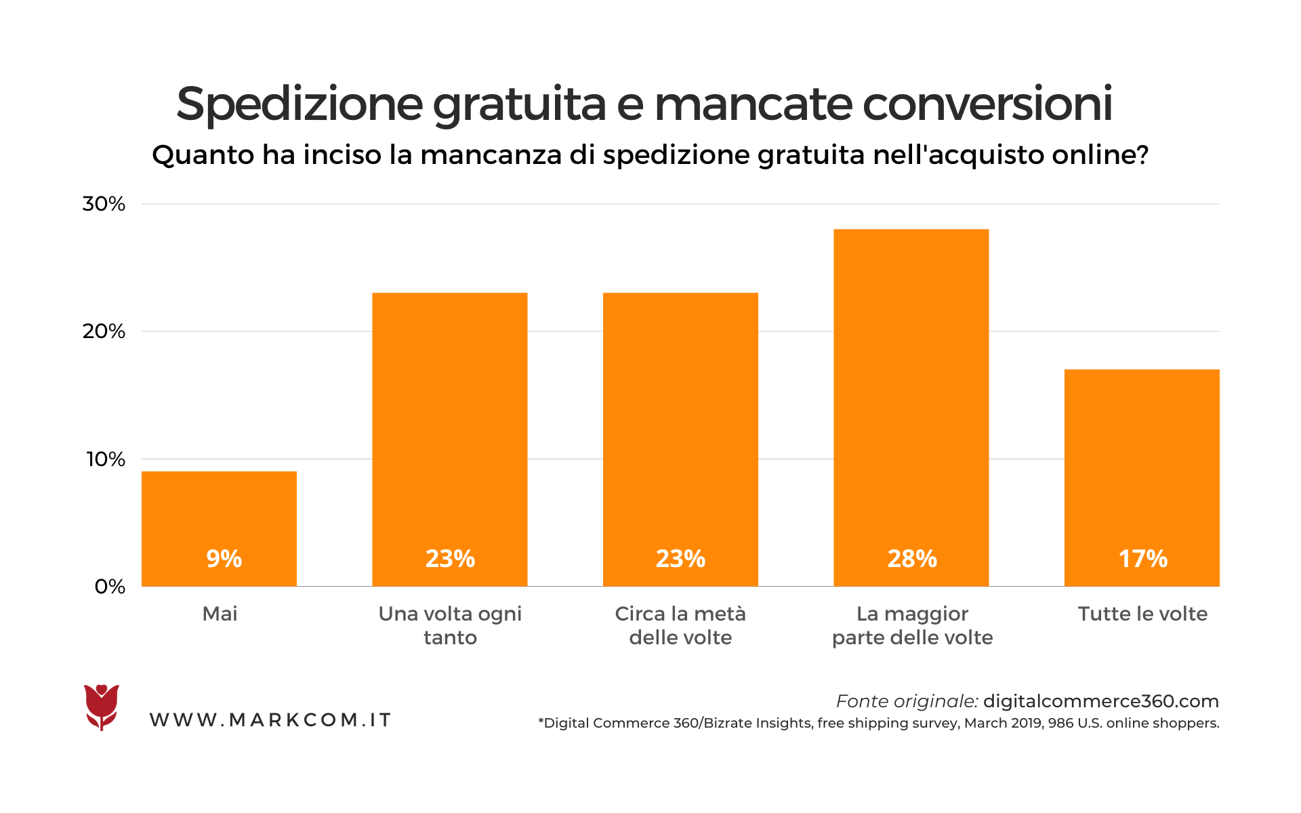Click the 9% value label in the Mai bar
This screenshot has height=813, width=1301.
click(224, 559)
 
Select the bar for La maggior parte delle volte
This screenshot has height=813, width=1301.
click(911, 406)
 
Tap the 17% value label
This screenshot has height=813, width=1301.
click(1142, 559)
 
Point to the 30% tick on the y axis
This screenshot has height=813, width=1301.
click(104, 204)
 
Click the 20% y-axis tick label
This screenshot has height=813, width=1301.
click(104, 331)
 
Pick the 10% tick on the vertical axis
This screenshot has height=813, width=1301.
click(105, 459)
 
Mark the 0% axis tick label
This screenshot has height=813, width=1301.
click(109, 587)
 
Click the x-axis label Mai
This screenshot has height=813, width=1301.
click(220, 614)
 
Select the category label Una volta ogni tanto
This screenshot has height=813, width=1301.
click(450, 625)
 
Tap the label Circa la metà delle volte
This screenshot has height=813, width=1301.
click(680, 625)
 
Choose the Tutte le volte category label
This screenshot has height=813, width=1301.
click(1142, 614)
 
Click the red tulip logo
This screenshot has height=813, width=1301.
click(102, 707)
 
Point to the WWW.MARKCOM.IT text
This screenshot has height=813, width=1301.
click(270, 720)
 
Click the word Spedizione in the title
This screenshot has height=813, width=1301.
click(300, 105)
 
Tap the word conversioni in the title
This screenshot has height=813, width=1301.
click(987, 105)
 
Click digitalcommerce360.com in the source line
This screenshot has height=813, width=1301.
click(1100, 701)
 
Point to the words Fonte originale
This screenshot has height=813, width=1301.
click(907, 701)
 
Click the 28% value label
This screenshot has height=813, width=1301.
click(912, 559)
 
